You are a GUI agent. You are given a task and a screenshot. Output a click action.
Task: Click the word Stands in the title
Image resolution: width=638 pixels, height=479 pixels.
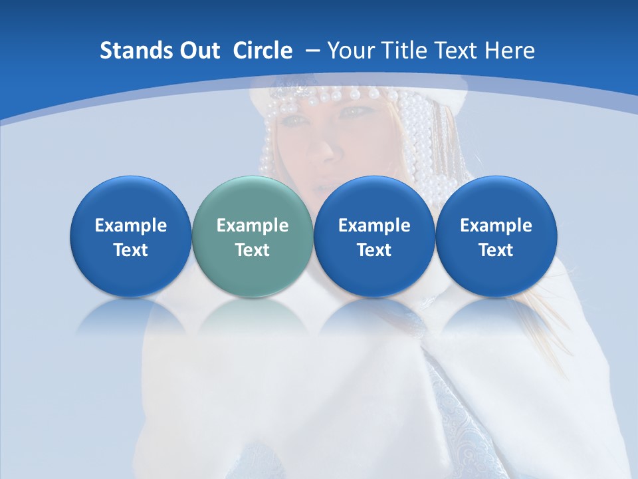(x=135, y=51)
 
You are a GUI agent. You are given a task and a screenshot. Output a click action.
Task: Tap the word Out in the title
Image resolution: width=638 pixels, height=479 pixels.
(x=200, y=51)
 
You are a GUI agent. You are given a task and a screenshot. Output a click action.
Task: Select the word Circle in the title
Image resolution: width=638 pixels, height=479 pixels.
(x=263, y=51)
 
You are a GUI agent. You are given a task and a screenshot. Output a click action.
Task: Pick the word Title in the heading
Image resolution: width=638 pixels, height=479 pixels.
(x=406, y=51)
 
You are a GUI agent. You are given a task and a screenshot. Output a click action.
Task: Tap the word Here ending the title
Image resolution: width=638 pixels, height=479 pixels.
(x=510, y=51)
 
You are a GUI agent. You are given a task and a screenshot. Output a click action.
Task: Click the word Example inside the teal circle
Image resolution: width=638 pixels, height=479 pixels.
(x=252, y=226)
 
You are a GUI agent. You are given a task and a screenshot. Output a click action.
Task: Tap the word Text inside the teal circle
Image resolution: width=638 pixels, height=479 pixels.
(x=252, y=250)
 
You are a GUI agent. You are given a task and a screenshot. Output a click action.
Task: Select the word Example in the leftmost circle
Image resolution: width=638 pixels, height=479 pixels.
(x=130, y=226)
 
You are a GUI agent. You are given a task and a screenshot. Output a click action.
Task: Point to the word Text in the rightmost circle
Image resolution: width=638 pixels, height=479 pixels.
(x=496, y=250)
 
